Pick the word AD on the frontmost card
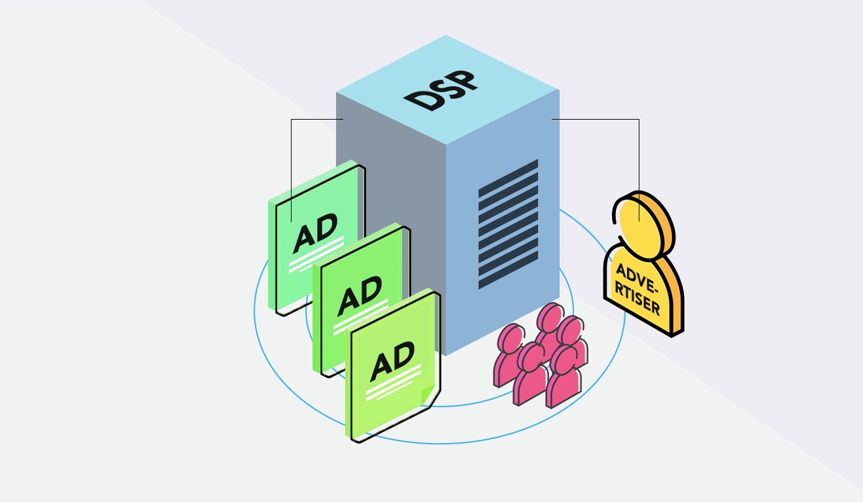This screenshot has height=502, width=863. (x=392, y=361)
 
